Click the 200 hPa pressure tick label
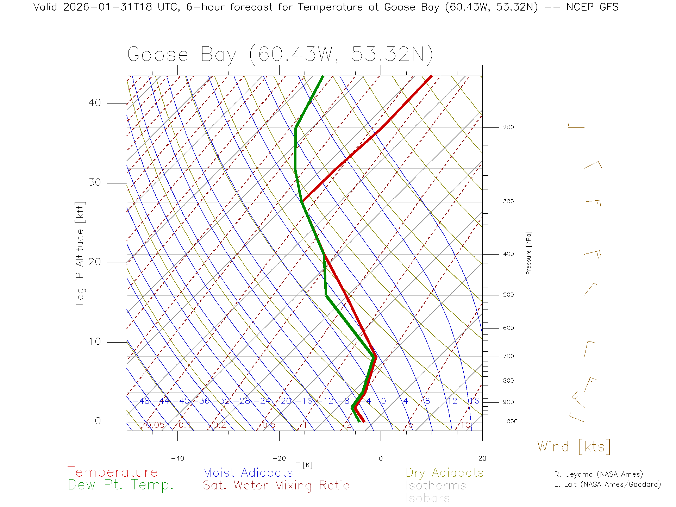click(508, 127)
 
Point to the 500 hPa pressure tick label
click(508, 295)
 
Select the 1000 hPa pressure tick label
click(510, 421)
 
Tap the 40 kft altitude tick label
click(94, 103)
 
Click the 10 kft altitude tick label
click(94, 342)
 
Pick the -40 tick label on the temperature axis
click(177, 458)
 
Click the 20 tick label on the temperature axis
click(482, 458)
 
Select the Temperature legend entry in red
click(113, 472)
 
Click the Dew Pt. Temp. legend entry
click(121, 485)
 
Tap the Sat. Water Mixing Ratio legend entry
click(276, 486)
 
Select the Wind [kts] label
click(574, 447)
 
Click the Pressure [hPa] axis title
click(528, 253)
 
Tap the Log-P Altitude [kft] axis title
click(80, 253)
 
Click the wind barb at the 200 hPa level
click(576, 127)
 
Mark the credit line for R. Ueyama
click(598, 474)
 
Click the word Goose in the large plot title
click(158, 55)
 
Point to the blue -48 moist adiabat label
click(144, 401)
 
